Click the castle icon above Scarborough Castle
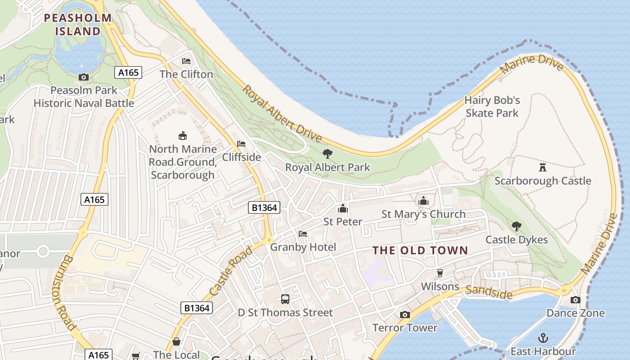pos(543,167)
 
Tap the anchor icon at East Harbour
pos(543,338)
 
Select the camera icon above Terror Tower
pos(405,315)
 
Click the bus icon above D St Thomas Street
pos(285,299)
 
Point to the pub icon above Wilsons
pos(440,273)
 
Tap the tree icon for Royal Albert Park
pos(328,154)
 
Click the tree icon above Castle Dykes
pos(517,226)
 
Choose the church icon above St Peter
pos(343,208)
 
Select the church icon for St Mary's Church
pos(423,201)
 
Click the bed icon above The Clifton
pos(186,61)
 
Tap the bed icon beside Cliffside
pos(241,144)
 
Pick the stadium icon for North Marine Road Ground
pos(183,135)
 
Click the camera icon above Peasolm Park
pos(84,77)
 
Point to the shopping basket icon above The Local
pos(176,342)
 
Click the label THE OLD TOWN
pos(420,251)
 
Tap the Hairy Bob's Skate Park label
pos(492,107)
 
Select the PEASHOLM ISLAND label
pos(78,25)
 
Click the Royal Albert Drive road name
pos(282,113)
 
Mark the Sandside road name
pos(489,292)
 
